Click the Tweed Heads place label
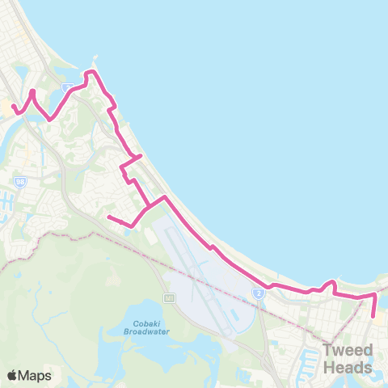pos(348,359)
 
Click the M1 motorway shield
pos(170,298)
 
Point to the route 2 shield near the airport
pos(259,293)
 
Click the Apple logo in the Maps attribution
pos(12,375)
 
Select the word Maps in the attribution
pos(36,375)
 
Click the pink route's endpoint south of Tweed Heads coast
pos(373,317)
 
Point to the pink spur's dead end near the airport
pos(108,216)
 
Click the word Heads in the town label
pos(348,368)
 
